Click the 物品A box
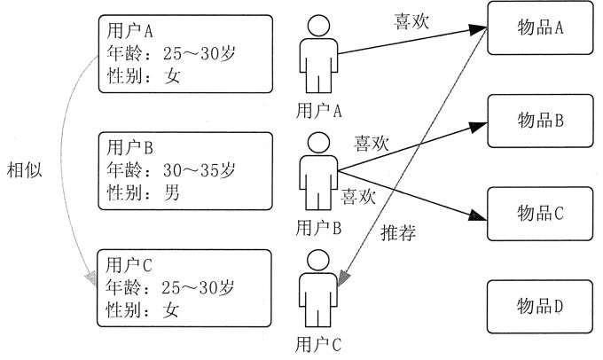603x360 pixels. tap(540, 28)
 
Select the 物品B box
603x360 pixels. tap(540, 121)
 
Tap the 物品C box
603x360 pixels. tap(540, 214)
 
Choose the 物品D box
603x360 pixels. tap(540, 307)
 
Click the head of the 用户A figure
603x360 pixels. tap(318, 26)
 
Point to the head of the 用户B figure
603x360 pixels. tap(318, 143)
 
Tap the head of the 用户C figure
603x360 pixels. tap(318, 261)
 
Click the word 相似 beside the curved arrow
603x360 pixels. tap(24, 169)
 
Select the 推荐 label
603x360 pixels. tap(398, 232)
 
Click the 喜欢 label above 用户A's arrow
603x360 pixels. tap(411, 21)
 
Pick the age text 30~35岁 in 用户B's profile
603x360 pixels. tap(199, 170)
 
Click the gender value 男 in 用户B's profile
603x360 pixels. tap(171, 192)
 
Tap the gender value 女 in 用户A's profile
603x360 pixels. tap(172, 75)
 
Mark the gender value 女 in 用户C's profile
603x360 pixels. tap(170, 309)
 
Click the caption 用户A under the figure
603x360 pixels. tap(318, 111)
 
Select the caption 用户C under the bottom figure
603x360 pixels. tap(318, 345)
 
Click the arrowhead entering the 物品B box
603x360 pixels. tap(478, 127)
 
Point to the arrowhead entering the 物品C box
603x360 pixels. tap(478, 215)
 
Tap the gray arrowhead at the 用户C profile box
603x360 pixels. tap(91, 278)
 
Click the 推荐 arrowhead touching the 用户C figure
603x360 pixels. tap(342, 278)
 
